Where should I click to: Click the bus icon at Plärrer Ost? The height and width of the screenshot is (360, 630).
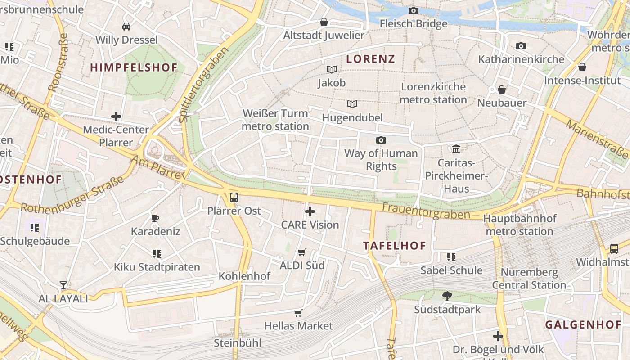[234, 197]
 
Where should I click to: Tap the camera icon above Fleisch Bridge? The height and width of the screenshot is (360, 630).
[413, 10]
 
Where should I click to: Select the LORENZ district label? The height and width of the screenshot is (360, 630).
[371, 59]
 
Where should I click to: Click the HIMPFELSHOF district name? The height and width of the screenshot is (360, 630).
[134, 67]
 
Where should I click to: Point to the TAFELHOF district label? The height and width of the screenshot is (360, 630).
[395, 246]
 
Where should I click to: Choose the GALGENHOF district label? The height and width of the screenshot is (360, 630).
[583, 324]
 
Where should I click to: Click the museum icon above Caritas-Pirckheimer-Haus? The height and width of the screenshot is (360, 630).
[456, 149]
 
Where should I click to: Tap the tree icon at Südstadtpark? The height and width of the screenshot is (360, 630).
[447, 296]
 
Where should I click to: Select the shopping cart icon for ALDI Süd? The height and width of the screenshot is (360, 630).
[302, 252]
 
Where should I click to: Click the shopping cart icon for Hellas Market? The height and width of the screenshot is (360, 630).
[298, 313]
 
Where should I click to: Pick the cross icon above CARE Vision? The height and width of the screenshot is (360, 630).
[310, 211]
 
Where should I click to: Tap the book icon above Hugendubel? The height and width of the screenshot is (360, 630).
[352, 104]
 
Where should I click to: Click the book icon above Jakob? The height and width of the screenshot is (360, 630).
[332, 69]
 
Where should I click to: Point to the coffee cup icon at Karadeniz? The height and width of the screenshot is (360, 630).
[155, 218]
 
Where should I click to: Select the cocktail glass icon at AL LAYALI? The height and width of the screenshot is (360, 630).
[63, 285]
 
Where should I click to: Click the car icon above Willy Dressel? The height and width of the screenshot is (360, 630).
[126, 26]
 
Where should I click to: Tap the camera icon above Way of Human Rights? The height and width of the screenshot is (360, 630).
[381, 140]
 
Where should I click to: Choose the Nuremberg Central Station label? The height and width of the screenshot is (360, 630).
[529, 279]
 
